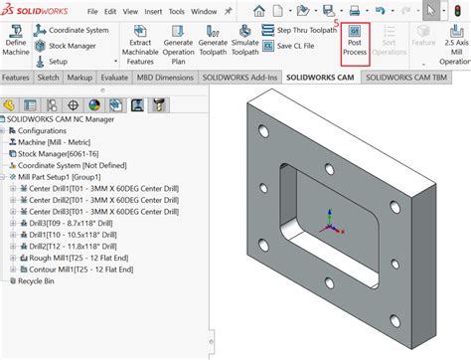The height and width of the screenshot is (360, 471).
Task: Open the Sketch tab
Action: (49, 77)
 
